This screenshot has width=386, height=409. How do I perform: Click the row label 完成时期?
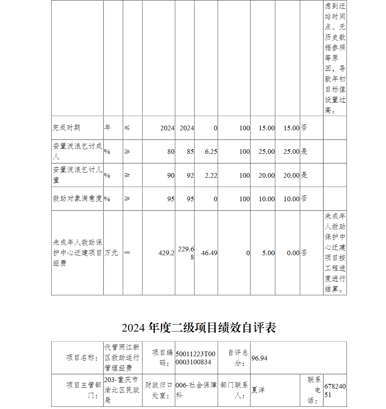(66, 128)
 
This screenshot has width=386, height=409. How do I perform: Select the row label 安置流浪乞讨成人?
(77, 151)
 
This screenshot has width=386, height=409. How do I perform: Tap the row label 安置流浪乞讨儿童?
(77, 175)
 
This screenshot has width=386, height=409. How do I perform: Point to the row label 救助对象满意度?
(77, 199)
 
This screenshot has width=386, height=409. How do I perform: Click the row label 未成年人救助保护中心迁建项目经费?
(77, 253)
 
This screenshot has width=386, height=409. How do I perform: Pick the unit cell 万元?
(111, 253)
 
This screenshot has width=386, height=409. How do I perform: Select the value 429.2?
(166, 253)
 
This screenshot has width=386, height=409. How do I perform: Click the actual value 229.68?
(186, 253)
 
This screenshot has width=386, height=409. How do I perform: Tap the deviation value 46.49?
(209, 253)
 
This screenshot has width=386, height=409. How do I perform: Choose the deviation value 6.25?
(211, 151)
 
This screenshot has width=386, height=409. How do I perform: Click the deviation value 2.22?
(211, 175)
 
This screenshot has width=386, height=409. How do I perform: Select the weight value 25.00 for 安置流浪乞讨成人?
(267, 151)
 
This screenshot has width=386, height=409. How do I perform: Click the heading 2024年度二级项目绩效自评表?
(199, 328)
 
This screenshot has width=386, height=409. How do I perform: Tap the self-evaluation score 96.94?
(259, 358)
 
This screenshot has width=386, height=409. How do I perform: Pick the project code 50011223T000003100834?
(196, 358)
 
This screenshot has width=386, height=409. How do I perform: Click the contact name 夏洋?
(258, 390)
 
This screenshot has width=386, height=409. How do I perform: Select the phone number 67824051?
(335, 390)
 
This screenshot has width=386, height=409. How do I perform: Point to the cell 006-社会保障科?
(196, 390)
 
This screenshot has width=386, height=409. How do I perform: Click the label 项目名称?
(82, 358)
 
